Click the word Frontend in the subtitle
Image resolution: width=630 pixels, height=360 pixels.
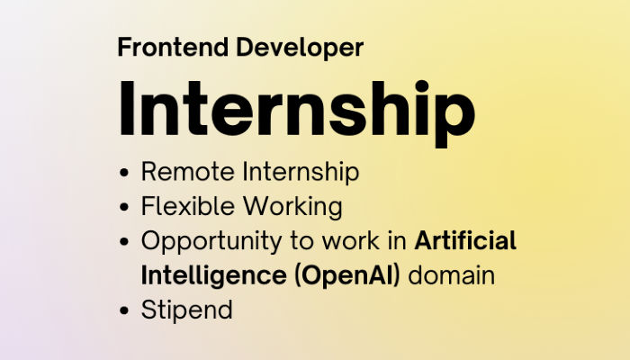(x=173, y=47)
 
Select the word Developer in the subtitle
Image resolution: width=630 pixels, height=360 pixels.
(x=300, y=49)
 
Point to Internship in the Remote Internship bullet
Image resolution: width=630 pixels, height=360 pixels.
(x=301, y=173)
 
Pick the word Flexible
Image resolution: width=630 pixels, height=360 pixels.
(x=187, y=206)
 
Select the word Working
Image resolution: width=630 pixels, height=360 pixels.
(x=292, y=207)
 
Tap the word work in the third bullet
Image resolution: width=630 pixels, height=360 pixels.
(x=350, y=241)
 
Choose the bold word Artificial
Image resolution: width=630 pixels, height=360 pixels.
(x=465, y=240)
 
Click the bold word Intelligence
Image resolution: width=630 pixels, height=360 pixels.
(x=214, y=276)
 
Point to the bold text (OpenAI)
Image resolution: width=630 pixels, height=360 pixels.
(x=347, y=276)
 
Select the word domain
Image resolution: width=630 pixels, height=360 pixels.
(x=451, y=275)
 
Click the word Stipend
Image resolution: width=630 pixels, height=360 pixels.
(x=187, y=310)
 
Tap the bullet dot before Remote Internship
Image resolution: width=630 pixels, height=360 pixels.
(x=124, y=173)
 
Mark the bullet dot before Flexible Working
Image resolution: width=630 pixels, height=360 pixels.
(x=124, y=207)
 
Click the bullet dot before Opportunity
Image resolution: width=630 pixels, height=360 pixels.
(x=124, y=241)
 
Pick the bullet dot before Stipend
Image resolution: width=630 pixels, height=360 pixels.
(x=124, y=310)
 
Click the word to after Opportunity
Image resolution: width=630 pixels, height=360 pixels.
(x=302, y=241)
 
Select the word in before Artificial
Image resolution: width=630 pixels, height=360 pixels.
(x=397, y=241)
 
